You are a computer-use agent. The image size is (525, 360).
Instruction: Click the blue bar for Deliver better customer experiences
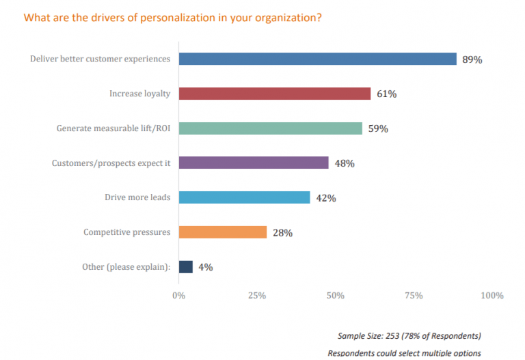317,59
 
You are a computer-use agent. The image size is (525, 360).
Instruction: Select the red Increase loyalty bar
274,94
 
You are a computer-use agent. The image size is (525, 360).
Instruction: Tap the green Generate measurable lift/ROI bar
270,128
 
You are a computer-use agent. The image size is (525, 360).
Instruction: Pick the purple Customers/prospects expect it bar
253,163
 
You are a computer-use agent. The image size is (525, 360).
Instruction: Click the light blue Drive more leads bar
244,198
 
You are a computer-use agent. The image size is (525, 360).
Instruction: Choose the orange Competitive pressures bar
222,232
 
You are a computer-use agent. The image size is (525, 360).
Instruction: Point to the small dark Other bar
185,267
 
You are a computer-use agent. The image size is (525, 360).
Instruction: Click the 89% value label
472,59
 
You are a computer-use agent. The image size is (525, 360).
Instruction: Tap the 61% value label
386,94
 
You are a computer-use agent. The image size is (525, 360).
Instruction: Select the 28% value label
282,233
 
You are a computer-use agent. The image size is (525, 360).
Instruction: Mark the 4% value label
206,268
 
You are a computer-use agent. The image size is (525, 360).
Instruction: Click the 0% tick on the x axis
178,296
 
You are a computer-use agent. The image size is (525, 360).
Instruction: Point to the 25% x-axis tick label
256,296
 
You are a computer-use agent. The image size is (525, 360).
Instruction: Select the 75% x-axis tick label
414,296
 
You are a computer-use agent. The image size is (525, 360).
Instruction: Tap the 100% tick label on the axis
491,296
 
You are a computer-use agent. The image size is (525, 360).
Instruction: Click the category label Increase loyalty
139,94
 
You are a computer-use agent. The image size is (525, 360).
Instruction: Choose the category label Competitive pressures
126,232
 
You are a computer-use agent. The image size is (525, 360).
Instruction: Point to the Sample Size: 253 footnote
409,336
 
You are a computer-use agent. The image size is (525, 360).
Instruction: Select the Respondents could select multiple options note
404,353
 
